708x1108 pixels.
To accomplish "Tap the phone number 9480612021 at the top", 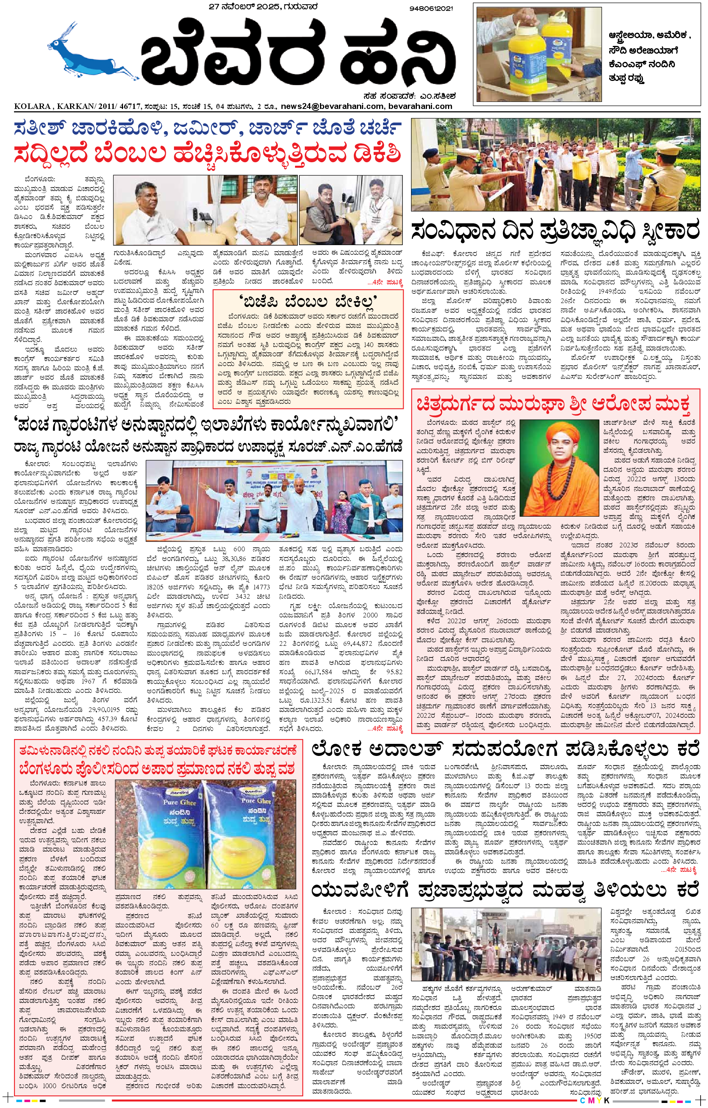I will click(x=430, y=8).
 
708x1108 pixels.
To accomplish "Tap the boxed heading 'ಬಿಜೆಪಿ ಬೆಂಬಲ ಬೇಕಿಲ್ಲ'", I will click(x=308, y=302).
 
